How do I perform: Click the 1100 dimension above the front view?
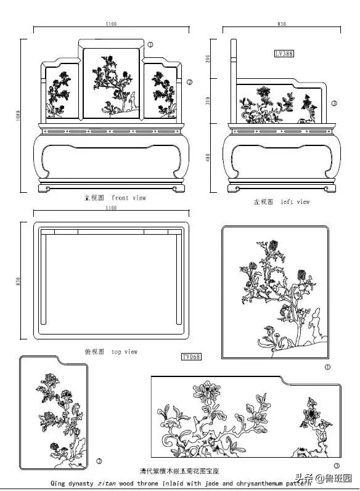click(x=111, y=24)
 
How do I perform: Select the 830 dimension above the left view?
click(x=282, y=24)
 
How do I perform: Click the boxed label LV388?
click(x=284, y=54)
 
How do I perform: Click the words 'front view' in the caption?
click(x=129, y=198)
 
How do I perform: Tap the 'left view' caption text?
click(x=295, y=201)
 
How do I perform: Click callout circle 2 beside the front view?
click(x=190, y=82)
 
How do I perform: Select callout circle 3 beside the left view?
click(x=334, y=103)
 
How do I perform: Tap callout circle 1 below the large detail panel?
click(x=327, y=367)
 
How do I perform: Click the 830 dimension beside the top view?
click(x=19, y=281)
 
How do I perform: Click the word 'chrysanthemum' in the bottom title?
click(x=253, y=484)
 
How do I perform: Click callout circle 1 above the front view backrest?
click(x=150, y=44)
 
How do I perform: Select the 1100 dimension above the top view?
click(x=111, y=208)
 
